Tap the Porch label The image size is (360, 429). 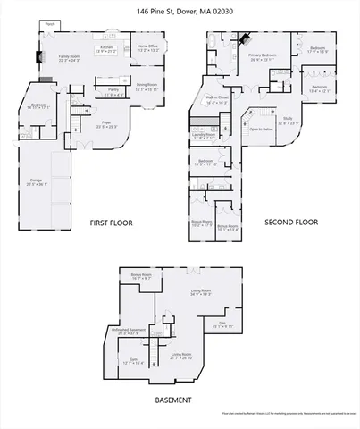(x=50, y=24)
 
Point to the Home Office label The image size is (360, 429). (x=147, y=47)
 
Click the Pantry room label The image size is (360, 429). (x=113, y=91)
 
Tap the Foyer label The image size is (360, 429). (x=106, y=123)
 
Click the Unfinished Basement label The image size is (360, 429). (x=129, y=331)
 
